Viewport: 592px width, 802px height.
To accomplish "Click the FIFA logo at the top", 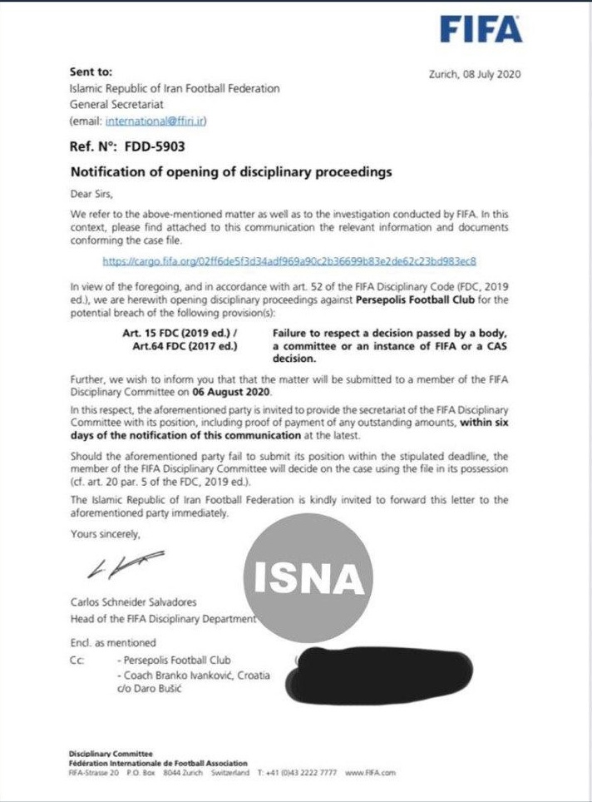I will pos(481,30).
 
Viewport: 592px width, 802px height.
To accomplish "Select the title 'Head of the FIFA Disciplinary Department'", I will pos(163,619).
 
